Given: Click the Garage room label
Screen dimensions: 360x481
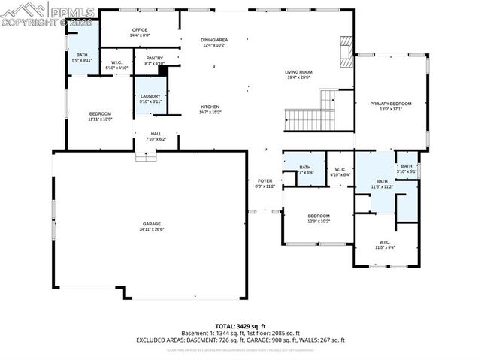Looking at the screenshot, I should [x=153, y=224].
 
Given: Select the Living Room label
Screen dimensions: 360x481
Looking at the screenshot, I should [x=298, y=72].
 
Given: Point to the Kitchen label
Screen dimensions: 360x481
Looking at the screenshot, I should [x=210, y=107].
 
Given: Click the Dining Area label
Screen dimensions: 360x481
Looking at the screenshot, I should [x=214, y=39].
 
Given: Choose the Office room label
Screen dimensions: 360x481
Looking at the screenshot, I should [x=140, y=30].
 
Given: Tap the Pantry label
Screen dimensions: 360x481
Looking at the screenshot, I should [x=155, y=58].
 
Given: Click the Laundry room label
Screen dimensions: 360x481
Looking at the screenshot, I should [x=150, y=96].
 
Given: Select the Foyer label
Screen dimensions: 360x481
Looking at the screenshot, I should [x=265, y=181].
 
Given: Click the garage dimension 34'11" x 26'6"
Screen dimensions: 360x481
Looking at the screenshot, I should [x=153, y=229].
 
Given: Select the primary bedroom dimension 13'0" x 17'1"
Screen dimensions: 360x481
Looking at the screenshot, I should [x=390, y=109].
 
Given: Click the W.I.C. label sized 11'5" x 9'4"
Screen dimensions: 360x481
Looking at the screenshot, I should [x=385, y=242].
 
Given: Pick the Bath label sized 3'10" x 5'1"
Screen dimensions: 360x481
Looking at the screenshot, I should [x=407, y=166].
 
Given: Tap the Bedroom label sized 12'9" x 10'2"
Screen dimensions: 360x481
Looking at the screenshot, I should [x=319, y=216].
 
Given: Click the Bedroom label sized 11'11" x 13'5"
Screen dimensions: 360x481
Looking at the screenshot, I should [x=99, y=113].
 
